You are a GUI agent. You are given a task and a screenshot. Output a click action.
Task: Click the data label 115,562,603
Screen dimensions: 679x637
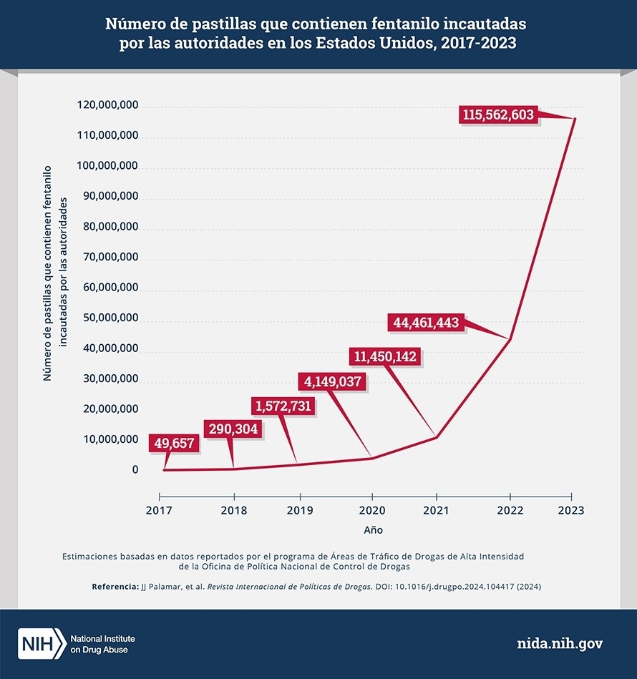point(498,114)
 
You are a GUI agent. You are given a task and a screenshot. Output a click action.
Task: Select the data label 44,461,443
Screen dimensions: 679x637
point(426,323)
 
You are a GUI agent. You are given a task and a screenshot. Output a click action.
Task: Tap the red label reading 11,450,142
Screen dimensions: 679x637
point(384,356)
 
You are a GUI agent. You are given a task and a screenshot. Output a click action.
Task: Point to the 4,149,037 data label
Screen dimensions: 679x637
point(334,381)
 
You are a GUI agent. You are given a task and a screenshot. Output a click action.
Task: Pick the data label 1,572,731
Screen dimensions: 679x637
point(284,406)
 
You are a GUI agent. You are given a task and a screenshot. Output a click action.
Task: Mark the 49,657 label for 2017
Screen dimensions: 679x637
point(172,443)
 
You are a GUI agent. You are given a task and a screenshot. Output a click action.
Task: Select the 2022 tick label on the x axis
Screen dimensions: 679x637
point(510,511)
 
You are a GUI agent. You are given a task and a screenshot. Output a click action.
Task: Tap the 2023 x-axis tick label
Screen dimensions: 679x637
point(571,511)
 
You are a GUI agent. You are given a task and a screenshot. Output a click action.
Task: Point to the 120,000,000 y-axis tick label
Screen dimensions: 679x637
point(107,106)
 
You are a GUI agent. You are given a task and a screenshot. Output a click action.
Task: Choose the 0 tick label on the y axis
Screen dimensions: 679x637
point(135,470)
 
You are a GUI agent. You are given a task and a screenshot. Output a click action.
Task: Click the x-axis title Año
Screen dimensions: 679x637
point(372,530)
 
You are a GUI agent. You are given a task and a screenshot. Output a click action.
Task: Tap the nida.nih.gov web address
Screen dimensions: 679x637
point(560,643)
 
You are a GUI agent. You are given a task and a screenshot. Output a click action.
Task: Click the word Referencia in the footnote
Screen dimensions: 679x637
point(115,587)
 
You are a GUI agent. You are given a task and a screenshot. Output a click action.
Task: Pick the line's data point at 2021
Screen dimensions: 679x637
point(436,437)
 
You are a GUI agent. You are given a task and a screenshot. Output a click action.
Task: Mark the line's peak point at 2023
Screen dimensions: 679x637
point(574,119)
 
